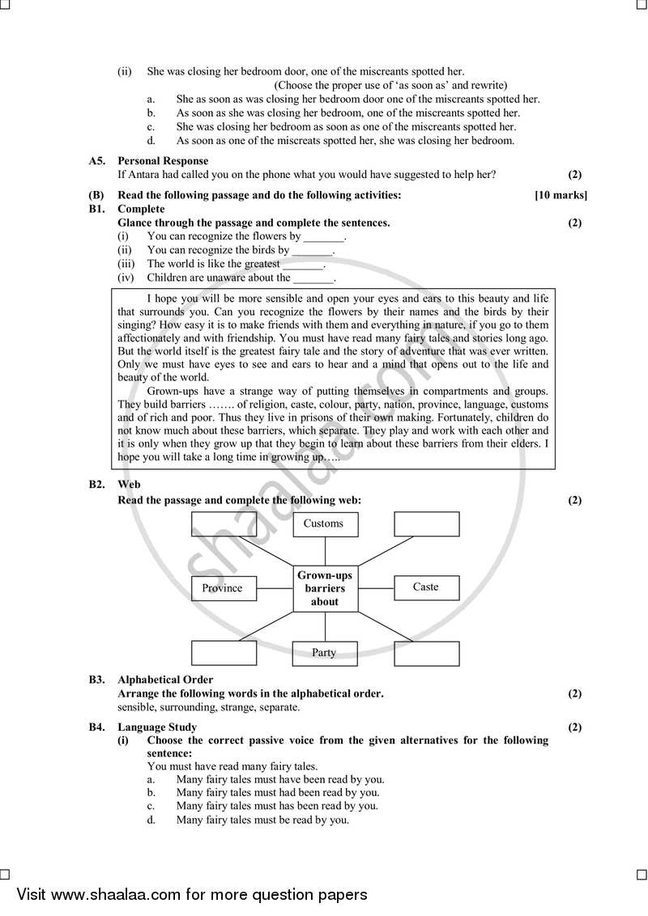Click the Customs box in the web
(324, 524)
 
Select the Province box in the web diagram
(224, 588)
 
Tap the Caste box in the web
(426, 587)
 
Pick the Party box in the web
(324, 653)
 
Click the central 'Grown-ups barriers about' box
(325, 588)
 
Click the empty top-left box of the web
(224, 524)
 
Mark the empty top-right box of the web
(426, 524)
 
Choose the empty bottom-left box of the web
(224, 653)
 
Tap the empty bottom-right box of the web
(426, 653)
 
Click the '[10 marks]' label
(561, 195)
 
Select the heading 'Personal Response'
(163, 161)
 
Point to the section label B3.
(97, 680)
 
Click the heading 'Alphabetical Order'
(165, 680)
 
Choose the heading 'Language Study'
(157, 727)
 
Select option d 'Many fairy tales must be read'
(262, 820)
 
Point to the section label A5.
(97, 161)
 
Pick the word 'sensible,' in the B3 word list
(139, 707)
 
